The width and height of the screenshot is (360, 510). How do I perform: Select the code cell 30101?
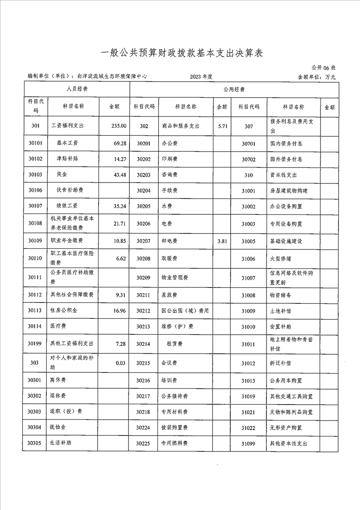(35, 143)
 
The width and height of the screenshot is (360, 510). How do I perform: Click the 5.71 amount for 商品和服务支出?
(222, 126)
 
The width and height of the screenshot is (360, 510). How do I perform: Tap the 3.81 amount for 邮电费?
(222, 241)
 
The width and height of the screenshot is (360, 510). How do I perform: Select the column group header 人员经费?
(77, 89)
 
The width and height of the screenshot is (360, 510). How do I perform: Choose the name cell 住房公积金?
(67, 311)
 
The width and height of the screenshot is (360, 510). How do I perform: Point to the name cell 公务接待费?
(175, 396)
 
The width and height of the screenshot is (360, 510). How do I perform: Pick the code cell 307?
(248, 126)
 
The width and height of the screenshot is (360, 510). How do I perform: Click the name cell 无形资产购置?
(286, 427)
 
